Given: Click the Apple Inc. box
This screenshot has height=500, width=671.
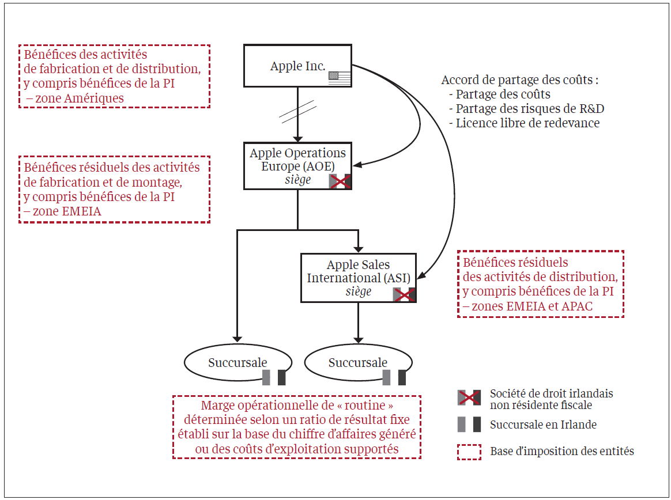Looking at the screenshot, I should click(x=297, y=66).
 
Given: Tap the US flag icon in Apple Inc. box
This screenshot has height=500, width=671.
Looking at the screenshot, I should click(x=340, y=78).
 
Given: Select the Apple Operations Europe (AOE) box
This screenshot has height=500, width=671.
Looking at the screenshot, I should click(x=297, y=166).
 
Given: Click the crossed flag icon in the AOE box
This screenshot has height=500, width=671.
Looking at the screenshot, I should click(x=340, y=181).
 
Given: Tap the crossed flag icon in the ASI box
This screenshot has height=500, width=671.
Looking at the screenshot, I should click(x=404, y=295).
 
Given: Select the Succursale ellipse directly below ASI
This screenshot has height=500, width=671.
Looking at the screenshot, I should click(x=358, y=363).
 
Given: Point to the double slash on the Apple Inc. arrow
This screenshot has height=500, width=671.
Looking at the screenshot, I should click(x=297, y=112).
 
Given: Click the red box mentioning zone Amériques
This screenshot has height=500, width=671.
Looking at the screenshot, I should click(x=114, y=76).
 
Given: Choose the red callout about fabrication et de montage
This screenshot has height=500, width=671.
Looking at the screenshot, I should click(x=114, y=189).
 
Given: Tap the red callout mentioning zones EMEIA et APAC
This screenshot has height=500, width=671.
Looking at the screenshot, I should click(x=541, y=283).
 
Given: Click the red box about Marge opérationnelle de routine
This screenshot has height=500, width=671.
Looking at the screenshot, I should click(x=297, y=427).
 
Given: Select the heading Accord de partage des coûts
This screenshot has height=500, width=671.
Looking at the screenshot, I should click(x=519, y=80).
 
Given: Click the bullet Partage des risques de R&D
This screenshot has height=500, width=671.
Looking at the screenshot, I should click(x=530, y=108).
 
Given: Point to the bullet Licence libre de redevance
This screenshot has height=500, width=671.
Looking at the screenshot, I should click(x=527, y=123).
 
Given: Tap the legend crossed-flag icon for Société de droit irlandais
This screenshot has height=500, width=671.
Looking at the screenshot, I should click(x=469, y=397).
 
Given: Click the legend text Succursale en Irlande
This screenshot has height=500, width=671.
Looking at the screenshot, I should click(x=543, y=425).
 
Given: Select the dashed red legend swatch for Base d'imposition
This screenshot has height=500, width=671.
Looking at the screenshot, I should click(x=469, y=451).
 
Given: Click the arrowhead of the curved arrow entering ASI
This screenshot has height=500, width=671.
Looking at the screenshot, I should click(x=420, y=275).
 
